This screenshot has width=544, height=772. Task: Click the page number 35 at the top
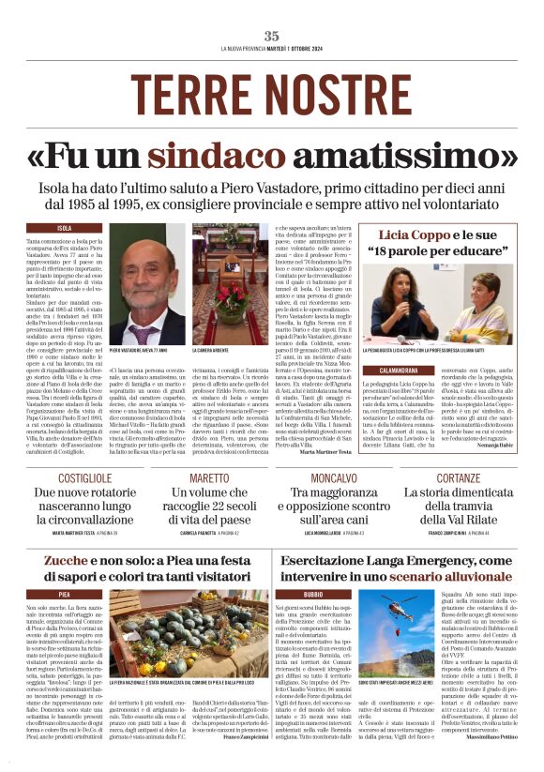272,36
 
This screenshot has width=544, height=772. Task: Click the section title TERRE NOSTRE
272,89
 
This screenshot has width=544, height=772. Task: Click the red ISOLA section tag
65,228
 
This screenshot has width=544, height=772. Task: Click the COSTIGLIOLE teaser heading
84,478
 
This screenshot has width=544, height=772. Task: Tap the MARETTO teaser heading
209,478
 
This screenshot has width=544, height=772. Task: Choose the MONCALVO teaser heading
335,478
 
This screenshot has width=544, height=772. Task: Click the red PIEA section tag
65,595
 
